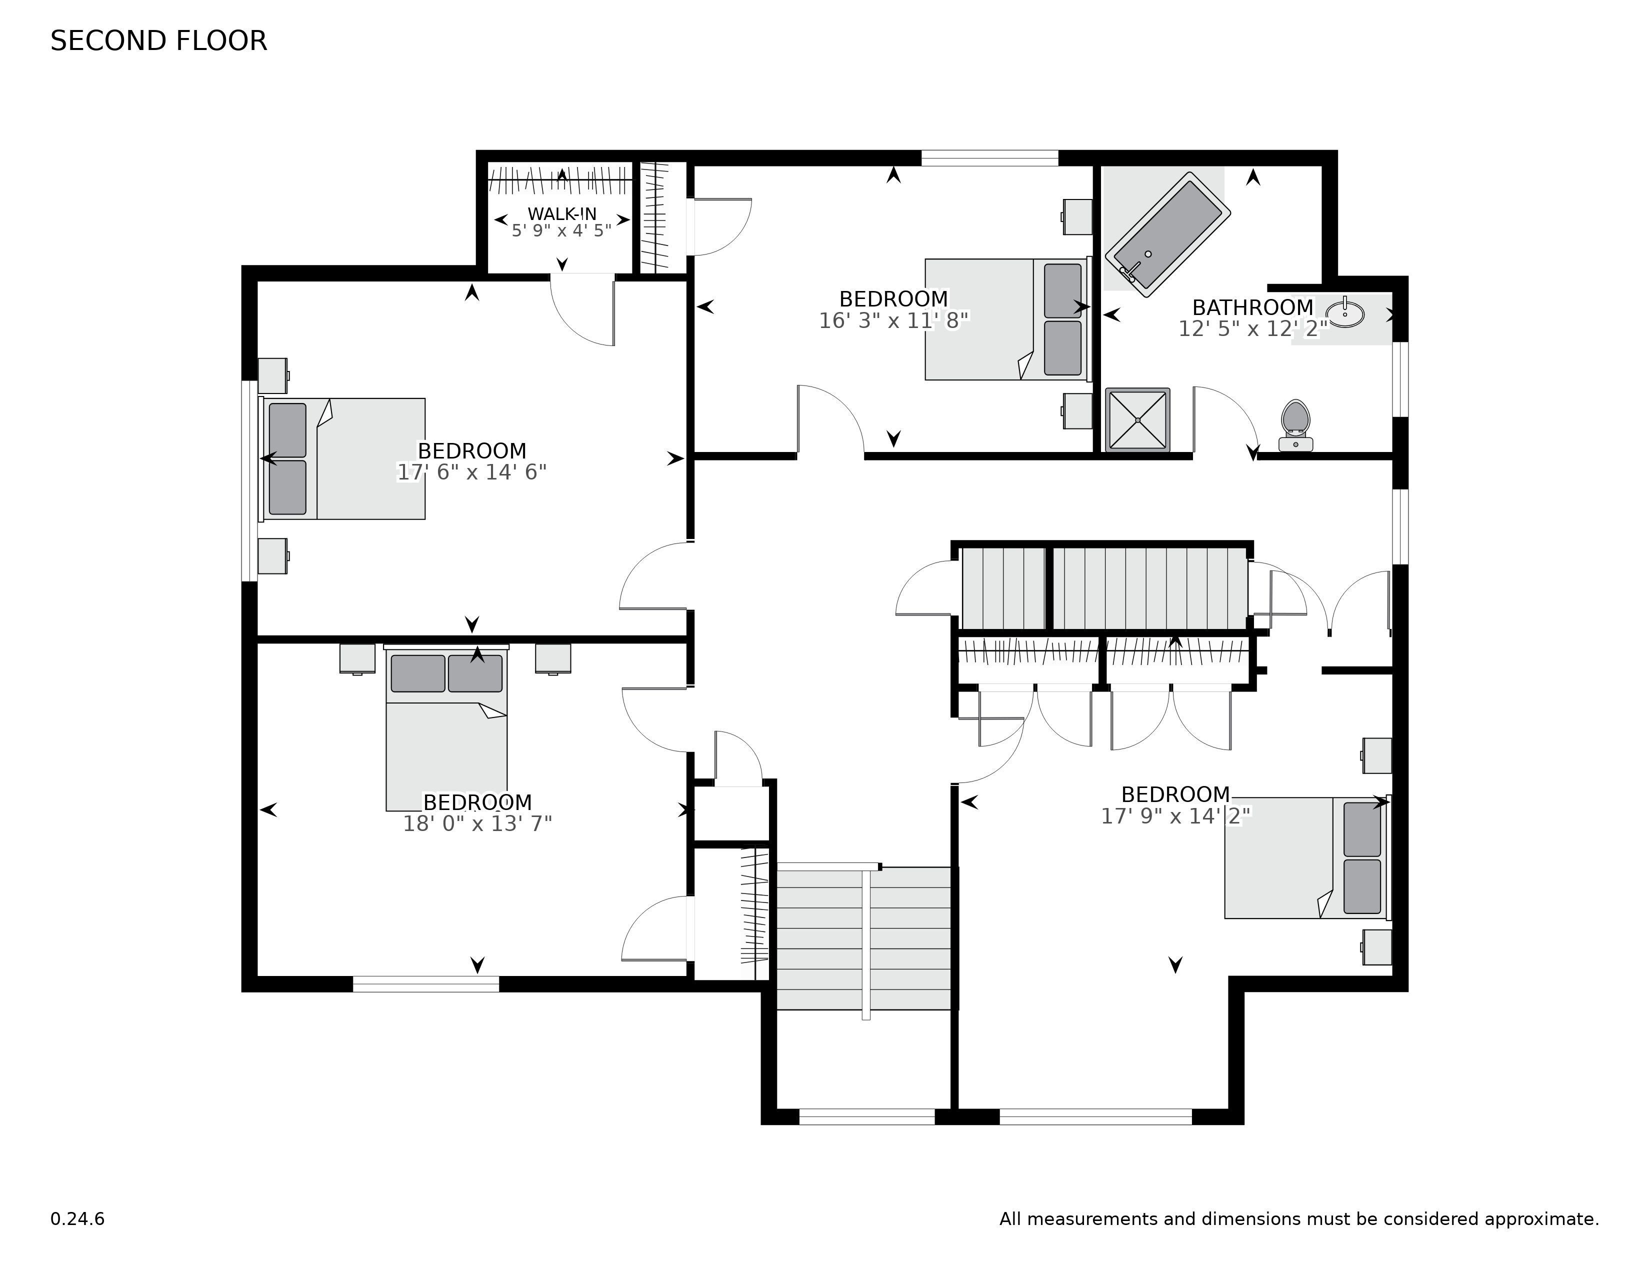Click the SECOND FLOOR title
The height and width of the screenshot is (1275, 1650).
click(158, 41)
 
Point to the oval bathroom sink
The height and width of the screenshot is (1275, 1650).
click(1345, 312)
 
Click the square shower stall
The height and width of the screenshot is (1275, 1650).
click(1138, 420)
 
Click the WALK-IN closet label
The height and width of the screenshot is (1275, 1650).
click(562, 214)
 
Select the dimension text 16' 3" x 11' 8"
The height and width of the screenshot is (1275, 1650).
click(894, 321)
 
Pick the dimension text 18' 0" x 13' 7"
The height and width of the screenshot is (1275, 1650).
click(477, 823)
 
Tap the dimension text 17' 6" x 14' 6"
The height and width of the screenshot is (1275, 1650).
click(472, 472)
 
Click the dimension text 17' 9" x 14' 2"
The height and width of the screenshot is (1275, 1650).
click(1175, 816)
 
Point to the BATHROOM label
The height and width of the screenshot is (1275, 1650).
click(1252, 307)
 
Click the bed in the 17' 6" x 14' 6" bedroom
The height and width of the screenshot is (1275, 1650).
click(342, 458)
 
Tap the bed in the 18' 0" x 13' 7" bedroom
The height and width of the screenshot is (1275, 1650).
click(446, 728)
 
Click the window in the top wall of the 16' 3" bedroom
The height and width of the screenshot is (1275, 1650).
click(989, 158)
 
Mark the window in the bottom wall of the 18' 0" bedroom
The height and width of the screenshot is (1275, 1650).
click(426, 983)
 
